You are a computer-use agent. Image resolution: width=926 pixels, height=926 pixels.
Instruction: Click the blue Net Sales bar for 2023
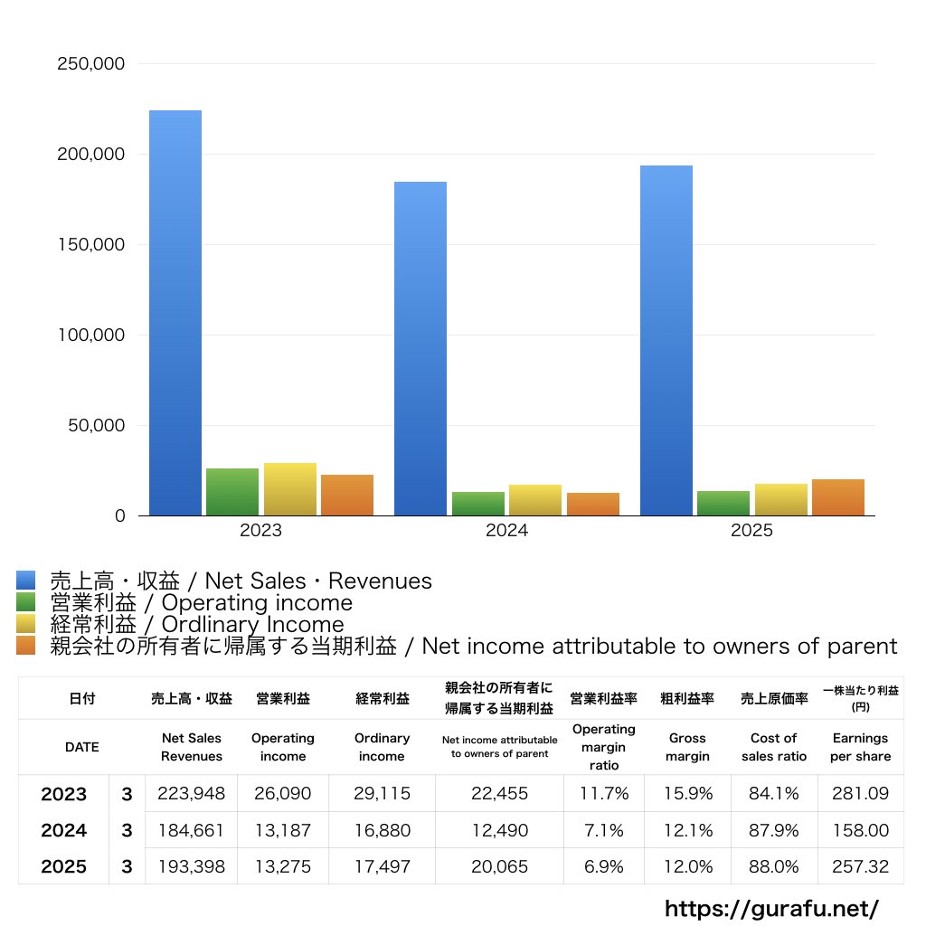click(175, 313)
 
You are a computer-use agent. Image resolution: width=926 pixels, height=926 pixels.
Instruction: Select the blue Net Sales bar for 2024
click(420, 348)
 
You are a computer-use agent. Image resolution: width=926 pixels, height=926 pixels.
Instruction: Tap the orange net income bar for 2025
click(837, 497)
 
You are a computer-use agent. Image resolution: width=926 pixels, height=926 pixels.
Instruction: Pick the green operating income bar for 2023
click(232, 492)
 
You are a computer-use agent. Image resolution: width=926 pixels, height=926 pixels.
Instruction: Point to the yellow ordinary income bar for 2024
click(535, 500)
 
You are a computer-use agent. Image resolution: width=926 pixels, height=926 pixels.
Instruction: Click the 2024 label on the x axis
click(506, 531)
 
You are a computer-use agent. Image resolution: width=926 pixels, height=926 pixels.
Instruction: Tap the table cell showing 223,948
click(191, 794)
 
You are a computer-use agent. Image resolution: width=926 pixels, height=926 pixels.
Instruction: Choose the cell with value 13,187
click(283, 830)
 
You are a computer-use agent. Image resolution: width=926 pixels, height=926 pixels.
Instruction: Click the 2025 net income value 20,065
click(499, 866)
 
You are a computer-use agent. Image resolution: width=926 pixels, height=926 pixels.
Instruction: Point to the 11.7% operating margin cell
click(604, 794)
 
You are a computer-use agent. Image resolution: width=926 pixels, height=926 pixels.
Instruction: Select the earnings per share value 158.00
click(860, 830)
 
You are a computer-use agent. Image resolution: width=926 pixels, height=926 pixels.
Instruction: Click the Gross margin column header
click(687, 747)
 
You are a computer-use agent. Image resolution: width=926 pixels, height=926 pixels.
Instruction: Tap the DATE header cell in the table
click(82, 747)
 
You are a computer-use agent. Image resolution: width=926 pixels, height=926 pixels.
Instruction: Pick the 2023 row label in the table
click(64, 794)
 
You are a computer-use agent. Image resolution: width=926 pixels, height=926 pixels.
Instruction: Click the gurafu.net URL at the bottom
click(771, 908)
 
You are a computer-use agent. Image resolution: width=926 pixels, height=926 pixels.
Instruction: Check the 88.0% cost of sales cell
click(774, 866)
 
